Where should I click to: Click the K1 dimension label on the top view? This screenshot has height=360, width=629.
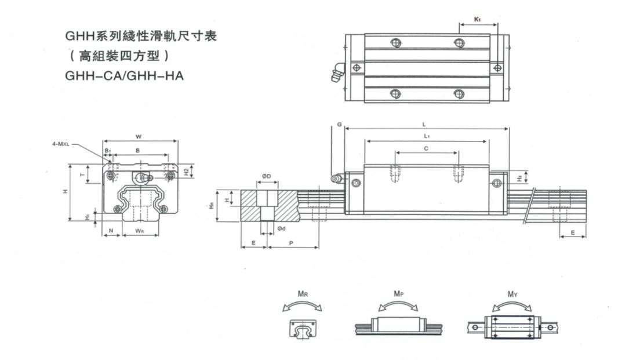click(x=477, y=19)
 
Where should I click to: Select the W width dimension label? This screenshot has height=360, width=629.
click(x=139, y=137)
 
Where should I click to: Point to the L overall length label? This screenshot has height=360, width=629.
click(x=425, y=124)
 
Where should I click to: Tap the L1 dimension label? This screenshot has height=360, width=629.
click(x=426, y=136)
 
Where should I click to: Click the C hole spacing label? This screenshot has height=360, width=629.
click(x=426, y=149)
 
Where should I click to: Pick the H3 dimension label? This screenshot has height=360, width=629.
click(x=519, y=177)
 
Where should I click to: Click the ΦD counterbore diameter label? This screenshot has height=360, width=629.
click(x=268, y=176)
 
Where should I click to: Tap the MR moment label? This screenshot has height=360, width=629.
click(x=302, y=294)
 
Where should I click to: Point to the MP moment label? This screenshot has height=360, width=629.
click(x=398, y=294)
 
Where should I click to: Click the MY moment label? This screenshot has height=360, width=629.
click(x=512, y=294)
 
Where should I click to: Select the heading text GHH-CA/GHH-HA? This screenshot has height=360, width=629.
click(x=125, y=75)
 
